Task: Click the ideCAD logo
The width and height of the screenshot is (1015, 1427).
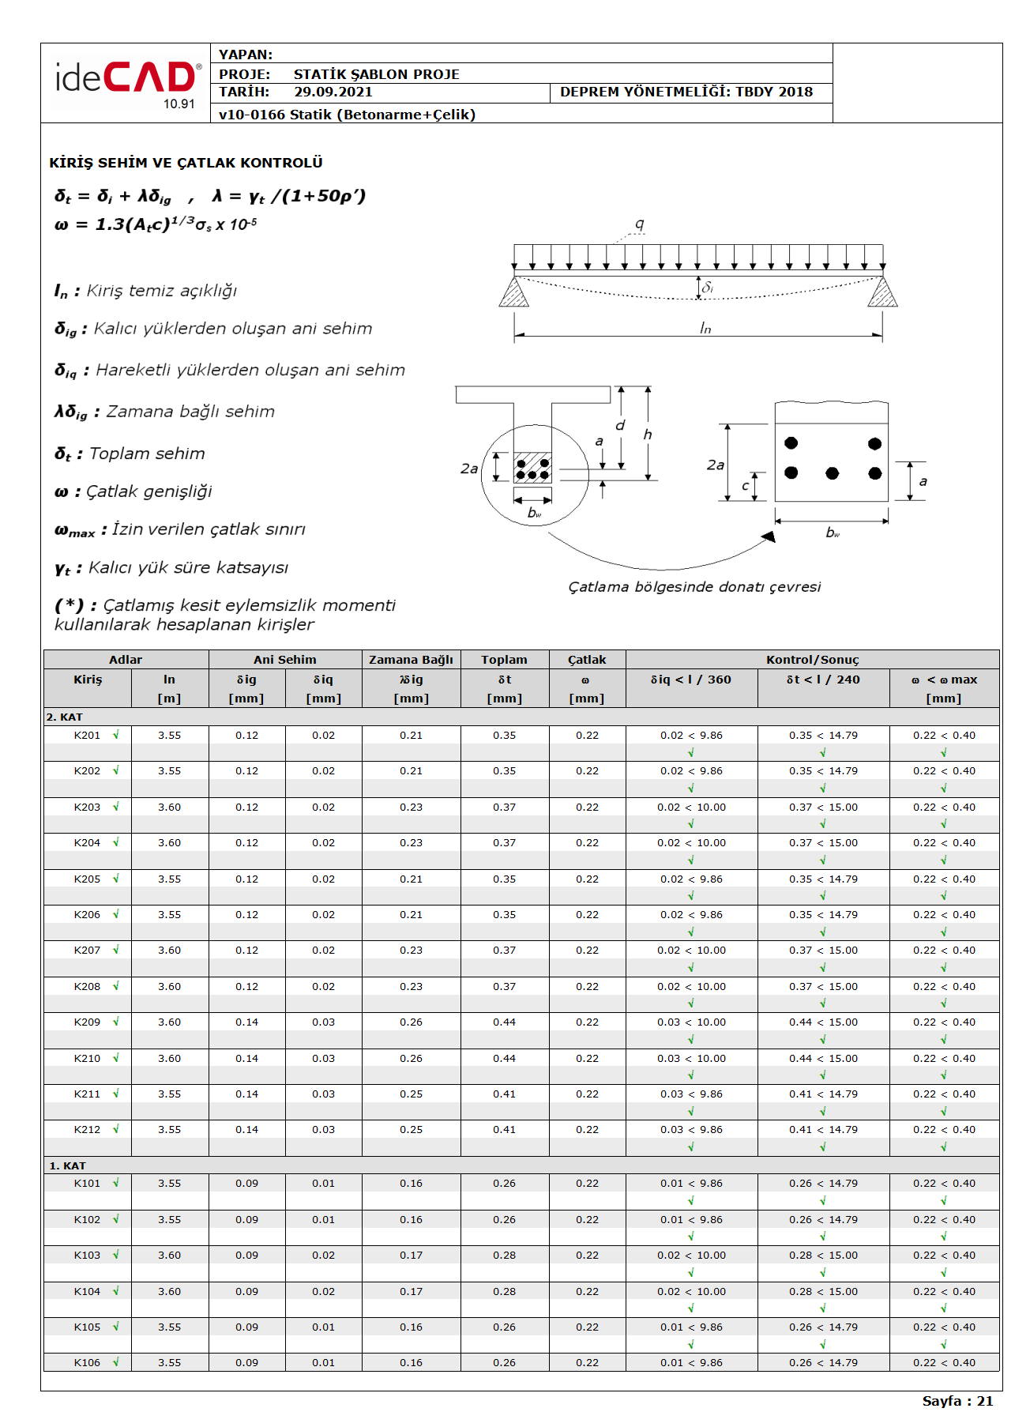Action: click(126, 80)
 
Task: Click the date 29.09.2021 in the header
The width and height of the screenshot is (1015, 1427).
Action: click(333, 92)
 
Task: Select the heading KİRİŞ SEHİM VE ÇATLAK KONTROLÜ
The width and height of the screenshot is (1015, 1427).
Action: click(186, 163)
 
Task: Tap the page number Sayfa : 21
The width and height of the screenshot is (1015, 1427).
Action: click(957, 1401)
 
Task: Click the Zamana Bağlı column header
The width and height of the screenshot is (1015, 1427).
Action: click(411, 660)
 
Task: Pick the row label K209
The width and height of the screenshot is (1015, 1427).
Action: click(87, 1022)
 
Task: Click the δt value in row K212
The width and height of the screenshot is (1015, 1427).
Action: click(504, 1130)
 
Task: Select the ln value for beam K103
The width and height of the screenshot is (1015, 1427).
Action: click(169, 1256)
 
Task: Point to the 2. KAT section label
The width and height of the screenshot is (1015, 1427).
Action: click(64, 717)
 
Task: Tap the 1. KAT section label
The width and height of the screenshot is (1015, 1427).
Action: click(67, 1166)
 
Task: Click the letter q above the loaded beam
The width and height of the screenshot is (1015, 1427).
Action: click(639, 224)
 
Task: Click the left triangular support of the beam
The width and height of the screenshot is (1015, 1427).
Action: click(513, 292)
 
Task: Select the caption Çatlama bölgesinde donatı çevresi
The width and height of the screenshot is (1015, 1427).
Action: click(694, 587)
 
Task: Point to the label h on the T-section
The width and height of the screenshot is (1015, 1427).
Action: click(648, 435)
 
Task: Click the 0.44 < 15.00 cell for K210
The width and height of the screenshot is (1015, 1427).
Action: click(823, 1059)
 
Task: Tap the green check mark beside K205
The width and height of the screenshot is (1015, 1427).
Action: click(116, 879)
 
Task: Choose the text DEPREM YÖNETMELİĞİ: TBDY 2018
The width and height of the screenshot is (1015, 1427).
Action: click(686, 92)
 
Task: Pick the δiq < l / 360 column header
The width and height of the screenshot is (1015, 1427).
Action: click(690, 680)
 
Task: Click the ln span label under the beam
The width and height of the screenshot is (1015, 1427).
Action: click(705, 328)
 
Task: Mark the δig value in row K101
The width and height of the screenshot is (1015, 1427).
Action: click(246, 1184)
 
